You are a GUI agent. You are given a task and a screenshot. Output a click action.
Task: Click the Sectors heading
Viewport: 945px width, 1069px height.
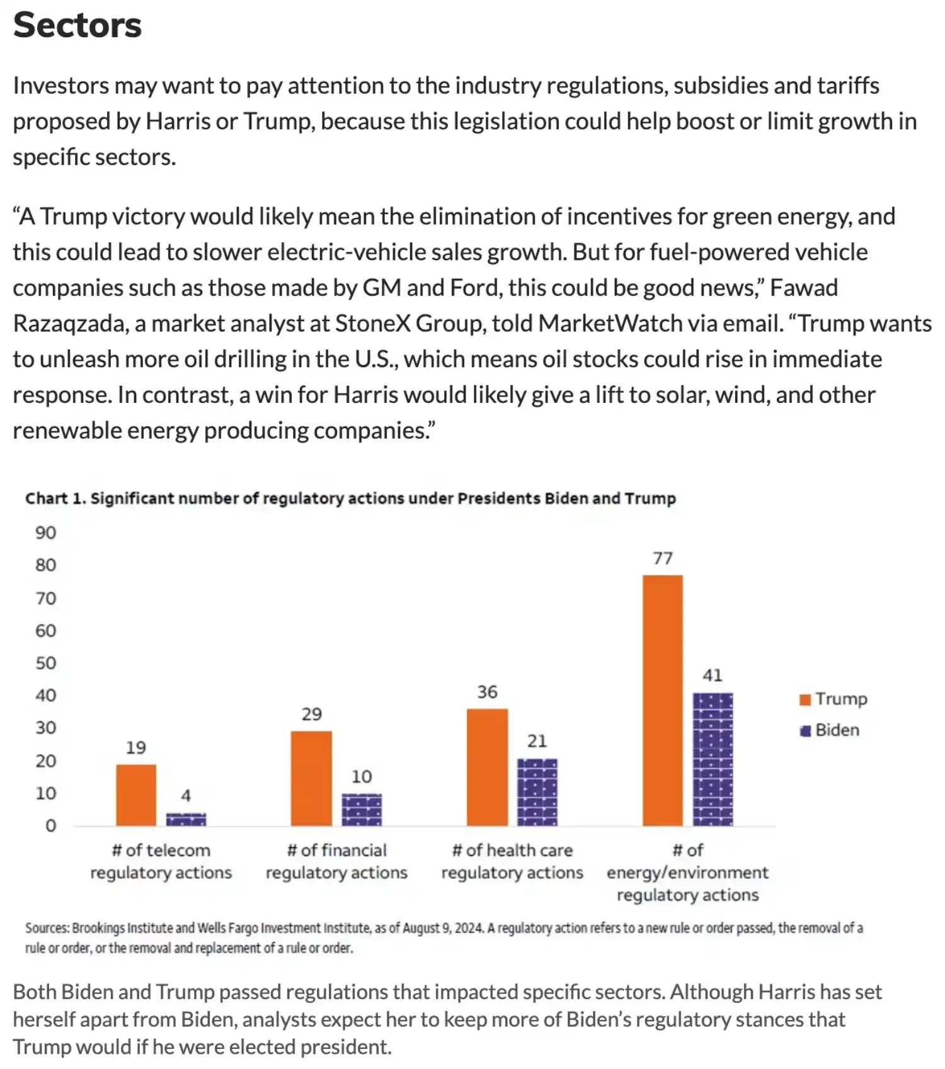[x=77, y=25]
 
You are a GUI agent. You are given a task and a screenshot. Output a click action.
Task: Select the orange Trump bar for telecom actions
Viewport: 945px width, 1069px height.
[x=136, y=795]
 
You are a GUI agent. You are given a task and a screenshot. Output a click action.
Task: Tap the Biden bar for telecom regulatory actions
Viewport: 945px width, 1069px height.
[x=186, y=819]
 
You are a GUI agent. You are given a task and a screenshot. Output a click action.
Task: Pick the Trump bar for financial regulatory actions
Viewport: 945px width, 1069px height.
[x=311, y=778]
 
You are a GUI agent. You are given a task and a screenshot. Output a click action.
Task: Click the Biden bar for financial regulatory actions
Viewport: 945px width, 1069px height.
[x=362, y=810]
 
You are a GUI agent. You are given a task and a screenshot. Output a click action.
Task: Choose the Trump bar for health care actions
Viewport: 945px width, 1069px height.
[x=487, y=767]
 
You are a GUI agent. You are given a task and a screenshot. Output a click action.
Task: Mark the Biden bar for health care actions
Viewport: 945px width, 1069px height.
[x=537, y=792]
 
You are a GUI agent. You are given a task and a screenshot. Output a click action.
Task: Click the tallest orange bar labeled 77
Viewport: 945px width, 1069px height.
[x=663, y=700]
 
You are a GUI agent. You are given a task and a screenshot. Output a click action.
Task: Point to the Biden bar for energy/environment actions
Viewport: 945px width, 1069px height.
[x=713, y=759]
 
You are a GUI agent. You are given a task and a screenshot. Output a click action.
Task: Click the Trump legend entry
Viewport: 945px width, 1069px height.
[x=833, y=699]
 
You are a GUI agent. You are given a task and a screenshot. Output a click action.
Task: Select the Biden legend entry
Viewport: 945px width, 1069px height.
[x=830, y=730]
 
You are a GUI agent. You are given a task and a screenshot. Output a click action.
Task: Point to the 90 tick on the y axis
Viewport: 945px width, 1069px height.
[x=45, y=533]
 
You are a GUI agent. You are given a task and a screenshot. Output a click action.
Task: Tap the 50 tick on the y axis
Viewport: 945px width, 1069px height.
[x=45, y=663]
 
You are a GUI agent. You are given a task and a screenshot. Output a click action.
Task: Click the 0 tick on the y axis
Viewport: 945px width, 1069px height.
[x=50, y=825]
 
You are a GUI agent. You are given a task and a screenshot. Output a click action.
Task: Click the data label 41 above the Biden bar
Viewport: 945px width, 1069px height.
[x=713, y=676]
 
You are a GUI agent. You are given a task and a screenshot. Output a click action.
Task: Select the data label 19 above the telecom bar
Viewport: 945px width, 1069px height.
[x=135, y=748]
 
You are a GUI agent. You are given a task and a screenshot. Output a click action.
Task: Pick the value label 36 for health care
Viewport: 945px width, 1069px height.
[x=487, y=692]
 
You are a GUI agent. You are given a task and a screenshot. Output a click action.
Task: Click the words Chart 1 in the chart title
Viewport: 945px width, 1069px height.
[x=55, y=499]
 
